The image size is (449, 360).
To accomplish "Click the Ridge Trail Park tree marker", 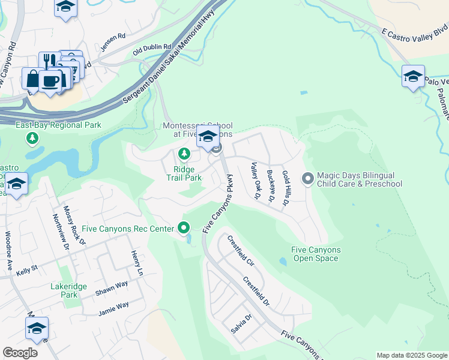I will coord(184,155).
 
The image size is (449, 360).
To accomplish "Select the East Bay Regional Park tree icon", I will coord(32,139).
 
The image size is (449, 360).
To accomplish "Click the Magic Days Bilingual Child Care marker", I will coord(309,178).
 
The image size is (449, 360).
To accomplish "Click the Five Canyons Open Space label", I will coord(315,254).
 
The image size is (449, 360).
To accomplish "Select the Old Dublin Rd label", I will coord(152,47).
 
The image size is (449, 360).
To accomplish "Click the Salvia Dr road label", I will coord(241,324).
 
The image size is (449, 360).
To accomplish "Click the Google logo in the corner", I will coord(20,353).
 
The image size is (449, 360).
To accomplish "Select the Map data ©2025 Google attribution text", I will coord(411,355).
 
